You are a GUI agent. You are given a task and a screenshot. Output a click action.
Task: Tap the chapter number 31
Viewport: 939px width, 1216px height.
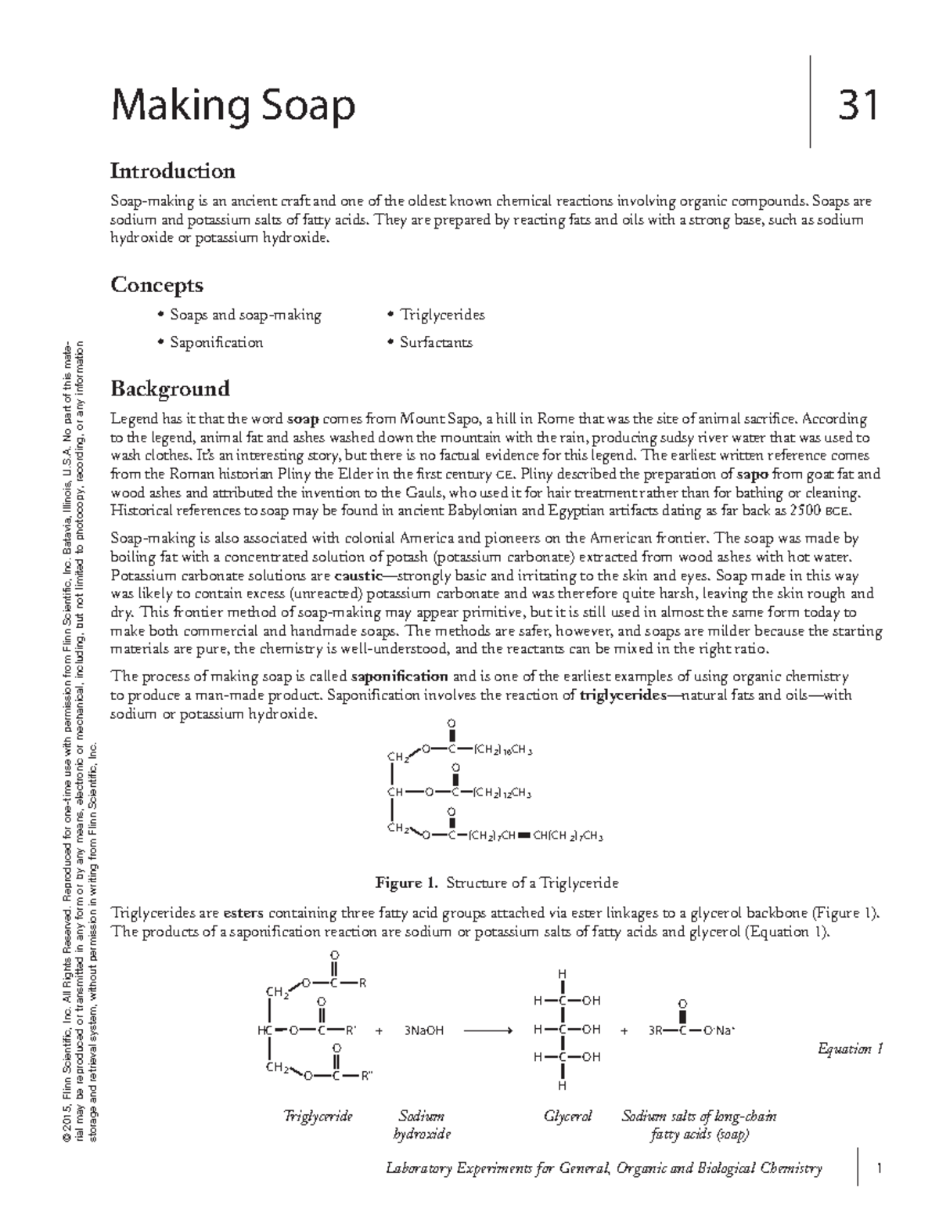[x=858, y=106]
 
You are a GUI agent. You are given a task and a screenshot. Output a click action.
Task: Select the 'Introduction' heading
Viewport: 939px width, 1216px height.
[x=172, y=171]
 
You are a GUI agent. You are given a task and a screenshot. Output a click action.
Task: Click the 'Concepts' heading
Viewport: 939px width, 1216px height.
[x=156, y=284]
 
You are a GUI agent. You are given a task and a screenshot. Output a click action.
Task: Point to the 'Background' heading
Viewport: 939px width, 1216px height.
[x=170, y=388]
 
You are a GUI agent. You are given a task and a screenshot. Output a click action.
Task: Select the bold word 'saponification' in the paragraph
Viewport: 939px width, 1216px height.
[x=400, y=677]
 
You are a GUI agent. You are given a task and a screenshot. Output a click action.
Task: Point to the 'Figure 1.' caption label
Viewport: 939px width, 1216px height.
[x=407, y=883]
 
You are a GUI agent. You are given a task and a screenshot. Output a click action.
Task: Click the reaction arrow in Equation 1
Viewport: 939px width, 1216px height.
[x=487, y=1030]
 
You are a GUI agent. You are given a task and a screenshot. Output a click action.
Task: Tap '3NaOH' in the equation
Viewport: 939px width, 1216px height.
[x=424, y=1030]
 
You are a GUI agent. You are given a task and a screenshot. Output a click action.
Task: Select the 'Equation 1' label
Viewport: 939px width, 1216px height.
[x=850, y=1048]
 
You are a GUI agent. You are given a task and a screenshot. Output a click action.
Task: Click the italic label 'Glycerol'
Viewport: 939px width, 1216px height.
[x=568, y=1116]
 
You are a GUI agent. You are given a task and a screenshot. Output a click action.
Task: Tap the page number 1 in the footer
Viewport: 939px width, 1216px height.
[x=880, y=1169]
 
